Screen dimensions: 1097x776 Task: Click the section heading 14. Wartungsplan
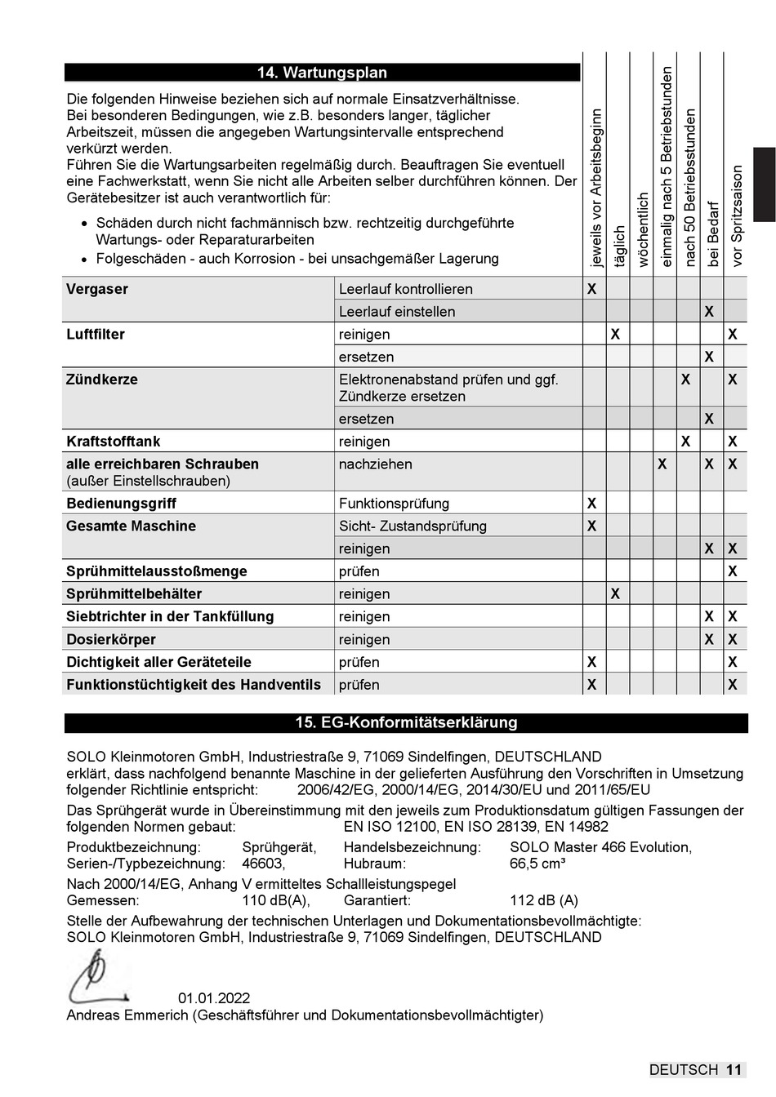click(322, 73)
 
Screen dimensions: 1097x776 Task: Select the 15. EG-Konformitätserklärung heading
click(406, 722)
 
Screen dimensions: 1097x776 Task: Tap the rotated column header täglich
click(619, 246)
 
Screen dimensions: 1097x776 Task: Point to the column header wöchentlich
click(643, 229)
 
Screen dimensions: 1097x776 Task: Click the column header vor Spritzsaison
click(737, 216)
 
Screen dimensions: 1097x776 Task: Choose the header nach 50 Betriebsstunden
click(690, 188)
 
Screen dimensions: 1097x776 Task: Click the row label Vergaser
click(97, 289)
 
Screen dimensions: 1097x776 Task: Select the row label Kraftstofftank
click(114, 442)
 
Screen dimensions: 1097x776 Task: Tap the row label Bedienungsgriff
click(121, 504)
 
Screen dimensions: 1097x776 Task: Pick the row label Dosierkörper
click(110, 640)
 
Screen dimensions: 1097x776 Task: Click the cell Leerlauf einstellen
click(397, 312)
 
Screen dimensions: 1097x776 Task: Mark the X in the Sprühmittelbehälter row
click(615, 594)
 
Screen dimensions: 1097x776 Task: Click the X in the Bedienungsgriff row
click(592, 504)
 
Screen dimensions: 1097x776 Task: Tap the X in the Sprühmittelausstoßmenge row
click(733, 571)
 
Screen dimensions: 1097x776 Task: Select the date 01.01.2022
click(214, 998)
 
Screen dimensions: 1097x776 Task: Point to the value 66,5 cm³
click(537, 864)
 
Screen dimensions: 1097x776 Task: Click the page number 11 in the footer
click(734, 1070)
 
